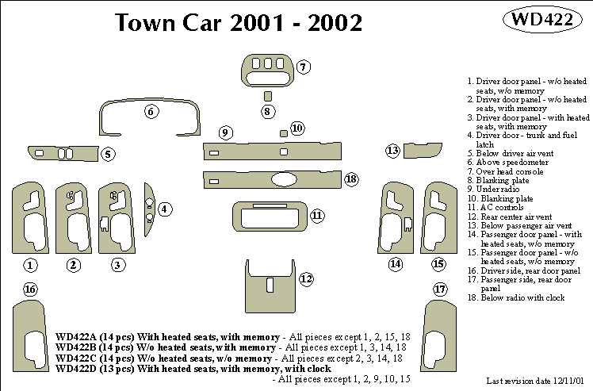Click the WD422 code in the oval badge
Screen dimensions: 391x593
[538, 21]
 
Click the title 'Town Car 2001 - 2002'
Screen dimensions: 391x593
[239, 23]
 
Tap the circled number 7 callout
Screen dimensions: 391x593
[304, 67]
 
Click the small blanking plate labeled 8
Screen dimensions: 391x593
[268, 96]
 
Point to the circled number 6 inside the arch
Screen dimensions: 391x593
[151, 112]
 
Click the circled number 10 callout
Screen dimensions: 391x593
[297, 128]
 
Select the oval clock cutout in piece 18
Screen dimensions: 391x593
[283, 179]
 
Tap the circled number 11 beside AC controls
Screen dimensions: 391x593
[317, 215]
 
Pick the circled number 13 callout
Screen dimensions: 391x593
[392, 150]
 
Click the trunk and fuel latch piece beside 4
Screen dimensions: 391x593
[149, 205]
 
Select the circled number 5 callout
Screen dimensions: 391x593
[108, 154]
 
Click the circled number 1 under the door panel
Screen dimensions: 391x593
[30, 265]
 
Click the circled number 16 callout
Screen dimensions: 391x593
[30, 289]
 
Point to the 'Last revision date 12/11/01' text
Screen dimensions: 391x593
[523, 381]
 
